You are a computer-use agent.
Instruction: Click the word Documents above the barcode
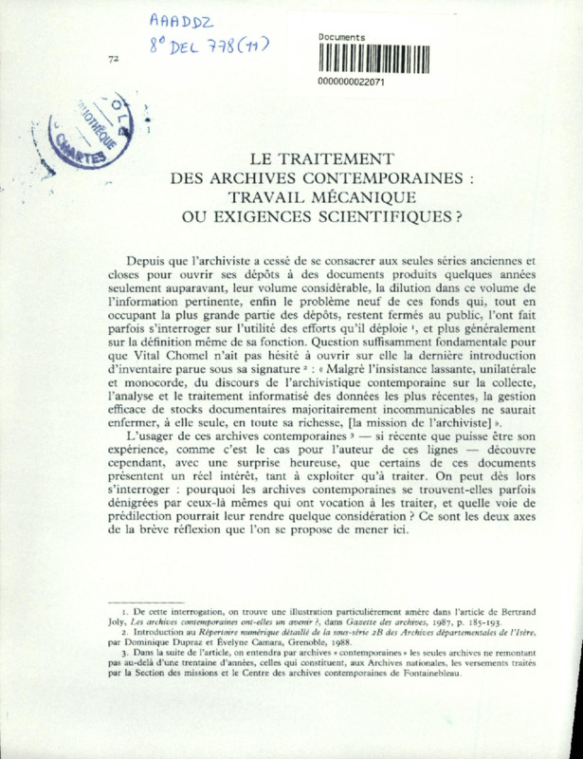343,36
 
